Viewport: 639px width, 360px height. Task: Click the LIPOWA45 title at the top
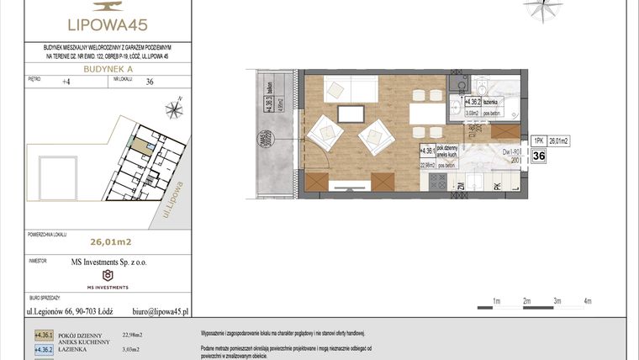pyautogui.click(x=107, y=24)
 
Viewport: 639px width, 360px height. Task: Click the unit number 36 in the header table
pyautogui.click(x=150, y=82)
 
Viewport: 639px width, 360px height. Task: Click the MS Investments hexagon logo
pyautogui.click(x=107, y=275)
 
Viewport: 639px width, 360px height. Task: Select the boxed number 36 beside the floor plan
pyautogui.click(x=539, y=156)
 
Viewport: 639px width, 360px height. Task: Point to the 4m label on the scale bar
pyautogui.click(x=588, y=300)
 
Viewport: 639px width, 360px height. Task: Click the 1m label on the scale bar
pyautogui.click(x=497, y=300)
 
